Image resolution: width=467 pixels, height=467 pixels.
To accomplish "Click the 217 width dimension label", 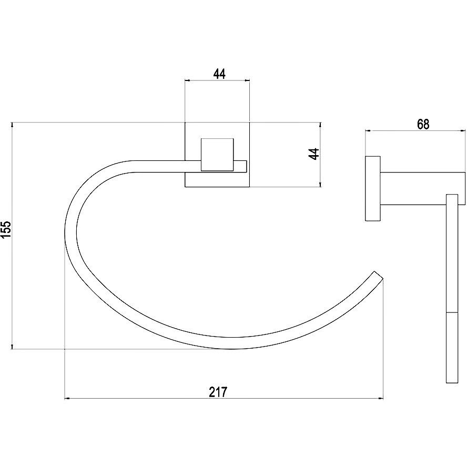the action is point(218,392).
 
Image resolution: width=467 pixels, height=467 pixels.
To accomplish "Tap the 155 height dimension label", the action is point(6,230).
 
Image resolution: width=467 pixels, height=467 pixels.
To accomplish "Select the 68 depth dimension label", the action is point(423,124).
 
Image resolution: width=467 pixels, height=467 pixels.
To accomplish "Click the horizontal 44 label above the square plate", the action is point(219,74).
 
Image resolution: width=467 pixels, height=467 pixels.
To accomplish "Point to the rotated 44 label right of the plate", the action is point(314,154).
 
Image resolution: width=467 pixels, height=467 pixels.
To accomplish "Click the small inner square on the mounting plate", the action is point(217,155).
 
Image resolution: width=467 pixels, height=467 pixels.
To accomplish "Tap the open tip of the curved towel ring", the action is point(378,275).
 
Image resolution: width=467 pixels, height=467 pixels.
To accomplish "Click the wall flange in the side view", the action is point(372,188).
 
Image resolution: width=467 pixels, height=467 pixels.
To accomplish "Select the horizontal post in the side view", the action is point(423,188).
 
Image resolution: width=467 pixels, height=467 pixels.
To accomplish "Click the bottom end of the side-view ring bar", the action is point(452,383).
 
